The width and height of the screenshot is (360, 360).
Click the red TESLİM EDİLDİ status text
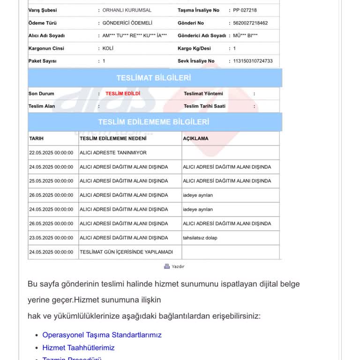pos(122,93)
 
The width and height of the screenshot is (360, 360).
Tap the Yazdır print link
pos(178,266)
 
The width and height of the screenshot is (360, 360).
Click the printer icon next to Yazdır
pos(166,266)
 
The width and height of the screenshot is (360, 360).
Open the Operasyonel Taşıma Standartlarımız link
pos(102,335)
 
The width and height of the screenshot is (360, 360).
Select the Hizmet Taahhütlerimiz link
pos(78,347)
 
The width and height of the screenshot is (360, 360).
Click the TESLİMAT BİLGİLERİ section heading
pos(154,78)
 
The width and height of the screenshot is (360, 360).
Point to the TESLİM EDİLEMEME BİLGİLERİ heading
pos(154,122)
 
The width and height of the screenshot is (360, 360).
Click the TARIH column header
pos(37,139)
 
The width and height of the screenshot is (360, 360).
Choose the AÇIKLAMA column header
pos(195,139)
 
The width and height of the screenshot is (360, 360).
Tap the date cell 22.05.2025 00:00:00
pos(51,153)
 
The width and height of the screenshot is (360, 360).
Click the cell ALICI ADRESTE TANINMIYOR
pos(113,153)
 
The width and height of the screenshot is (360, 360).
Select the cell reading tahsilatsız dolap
pos(200,238)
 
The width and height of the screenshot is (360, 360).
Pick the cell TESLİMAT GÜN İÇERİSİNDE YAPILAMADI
pos(126,252)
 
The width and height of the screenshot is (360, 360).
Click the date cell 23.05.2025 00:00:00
pos(51,238)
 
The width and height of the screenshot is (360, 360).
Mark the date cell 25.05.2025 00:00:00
pos(51,181)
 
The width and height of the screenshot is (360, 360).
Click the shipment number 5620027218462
pos(250,23)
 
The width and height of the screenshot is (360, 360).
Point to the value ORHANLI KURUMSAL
pos(127,10)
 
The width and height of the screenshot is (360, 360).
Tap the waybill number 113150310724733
pos(253,61)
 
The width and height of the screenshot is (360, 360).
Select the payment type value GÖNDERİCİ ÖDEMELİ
pos(127,23)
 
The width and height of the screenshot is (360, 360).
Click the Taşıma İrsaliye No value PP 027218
pos(245,10)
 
